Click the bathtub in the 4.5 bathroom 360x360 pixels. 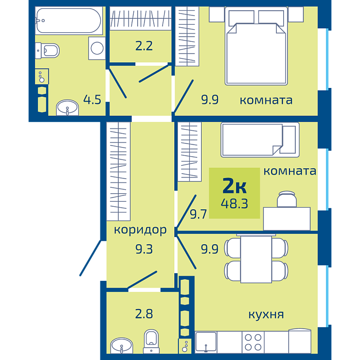(69, 21)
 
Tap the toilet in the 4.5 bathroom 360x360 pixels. (47, 50)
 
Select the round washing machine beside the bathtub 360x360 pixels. (97, 48)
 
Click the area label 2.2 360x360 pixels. (144, 46)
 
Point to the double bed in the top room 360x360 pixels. (256, 46)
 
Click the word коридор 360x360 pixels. (140, 230)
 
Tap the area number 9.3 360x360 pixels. (144, 249)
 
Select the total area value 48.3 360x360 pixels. (235, 204)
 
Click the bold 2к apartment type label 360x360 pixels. (235, 186)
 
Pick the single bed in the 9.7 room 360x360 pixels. (260, 140)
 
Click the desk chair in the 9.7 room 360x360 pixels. (287, 199)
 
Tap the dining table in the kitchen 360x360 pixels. (256, 259)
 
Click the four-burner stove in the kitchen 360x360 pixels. (253, 342)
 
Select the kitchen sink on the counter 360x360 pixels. (206, 342)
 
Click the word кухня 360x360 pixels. (266, 315)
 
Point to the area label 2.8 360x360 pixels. (144, 314)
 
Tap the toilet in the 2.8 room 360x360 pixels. (151, 341)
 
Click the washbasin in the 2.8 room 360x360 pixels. (121, 346)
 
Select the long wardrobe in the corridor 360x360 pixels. (118, 171)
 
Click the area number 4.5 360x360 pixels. (92, 100)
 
